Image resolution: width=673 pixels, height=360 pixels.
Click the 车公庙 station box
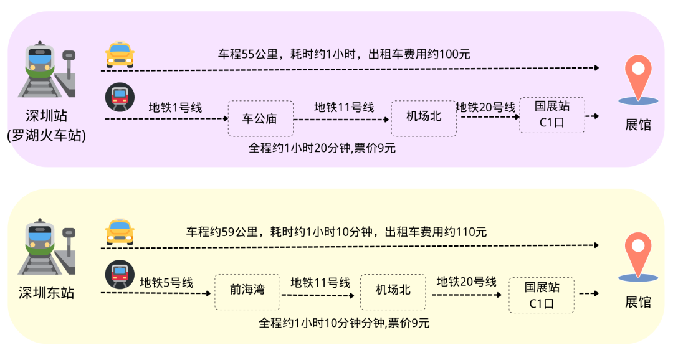(x=260, y=119)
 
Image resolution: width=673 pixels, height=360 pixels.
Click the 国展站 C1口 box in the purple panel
(x=552, y=115)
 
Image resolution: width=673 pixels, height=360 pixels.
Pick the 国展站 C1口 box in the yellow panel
(x=542, y=295)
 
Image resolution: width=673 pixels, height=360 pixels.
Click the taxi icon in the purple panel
(x=120, y=55)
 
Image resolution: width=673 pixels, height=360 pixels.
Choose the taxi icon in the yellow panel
(x=120, y=232)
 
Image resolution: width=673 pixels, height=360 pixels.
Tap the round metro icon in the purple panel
(x=118, y=97)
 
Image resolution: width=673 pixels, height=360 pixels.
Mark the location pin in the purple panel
(x=637, y=78)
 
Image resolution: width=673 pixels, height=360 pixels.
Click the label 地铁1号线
(x=175, y=107)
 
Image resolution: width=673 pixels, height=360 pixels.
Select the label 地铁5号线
(x=166, y=283)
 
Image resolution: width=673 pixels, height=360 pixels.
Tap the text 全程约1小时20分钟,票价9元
(x=322, y=148)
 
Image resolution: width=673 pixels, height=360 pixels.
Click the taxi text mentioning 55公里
(x=344, y=54)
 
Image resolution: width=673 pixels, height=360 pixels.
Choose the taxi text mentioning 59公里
(x=336, y=232)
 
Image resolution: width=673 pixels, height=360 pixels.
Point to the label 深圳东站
(x=46, y=293)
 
